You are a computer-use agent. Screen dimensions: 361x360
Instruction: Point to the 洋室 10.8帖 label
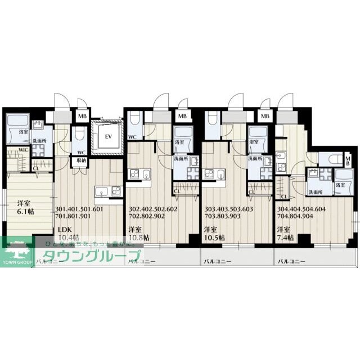pyautogui.click(x=138, y=233)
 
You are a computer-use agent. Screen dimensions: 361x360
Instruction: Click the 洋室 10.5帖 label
pyautogui.click(x=213, y=233)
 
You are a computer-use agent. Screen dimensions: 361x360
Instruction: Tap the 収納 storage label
pyautogui.click(x=81, y=161)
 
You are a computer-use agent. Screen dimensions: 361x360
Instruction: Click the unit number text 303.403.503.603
pyautogui.click(x=229, y=208)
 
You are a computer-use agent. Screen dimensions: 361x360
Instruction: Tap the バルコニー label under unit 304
pyautogui.click(x=291, y=262)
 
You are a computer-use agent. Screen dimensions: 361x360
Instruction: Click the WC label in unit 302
pyautogui.click(x=133, y=137)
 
